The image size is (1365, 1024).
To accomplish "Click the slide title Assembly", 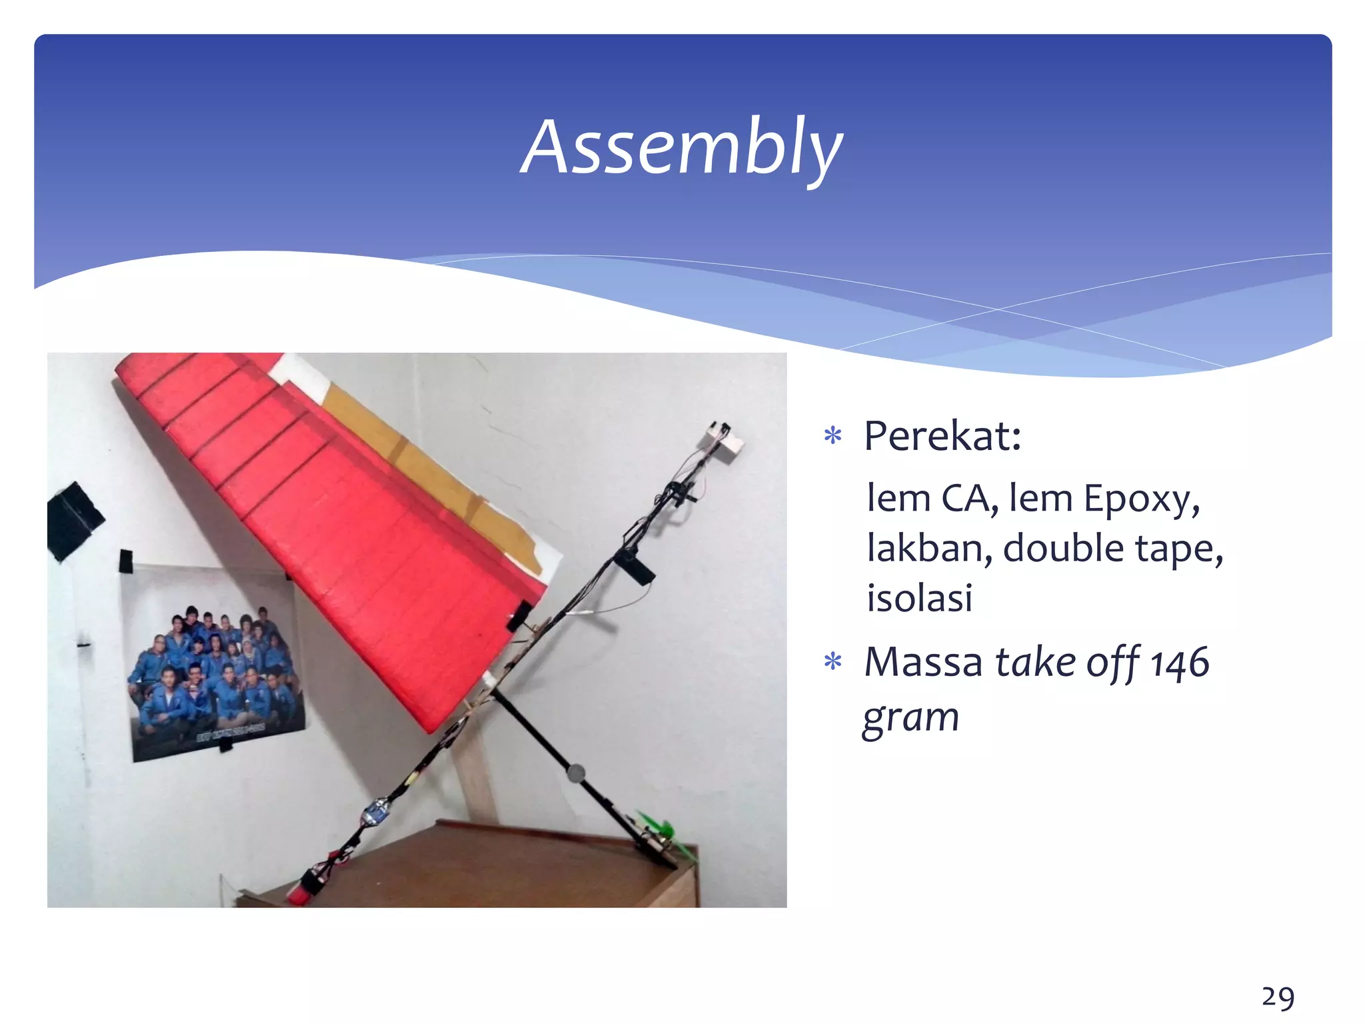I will tap(681, 148).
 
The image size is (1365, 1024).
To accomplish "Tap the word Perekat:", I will tap(942, 437).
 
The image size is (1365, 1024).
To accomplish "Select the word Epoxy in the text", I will tap(1141, 499).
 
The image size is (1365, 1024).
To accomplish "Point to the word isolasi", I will tap(919, 597).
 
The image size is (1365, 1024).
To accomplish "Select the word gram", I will tap(910, 718).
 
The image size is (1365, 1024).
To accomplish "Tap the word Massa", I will tap(923, 663).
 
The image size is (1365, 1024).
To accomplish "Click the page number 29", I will tap(1278, 997).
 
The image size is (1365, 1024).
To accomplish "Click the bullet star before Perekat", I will tap(833, 437).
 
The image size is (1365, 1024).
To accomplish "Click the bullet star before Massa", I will tap(833, 662).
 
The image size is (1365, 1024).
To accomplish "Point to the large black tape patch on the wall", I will tap(73, 521).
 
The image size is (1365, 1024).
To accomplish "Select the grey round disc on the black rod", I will tap(575, 773).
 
